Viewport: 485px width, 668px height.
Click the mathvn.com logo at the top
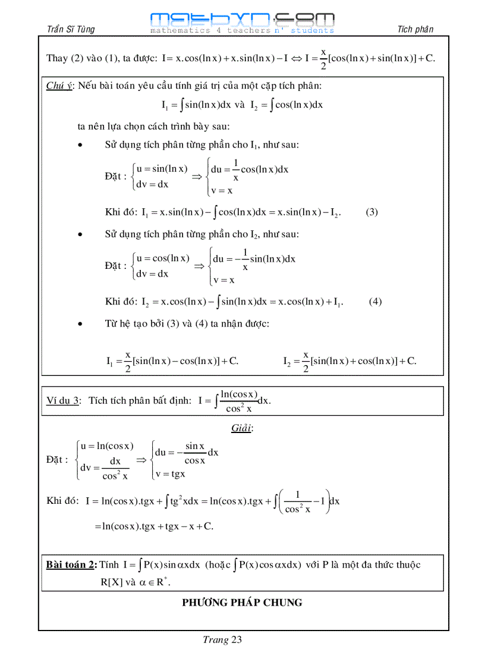[242, 23]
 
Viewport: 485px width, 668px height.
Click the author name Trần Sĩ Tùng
[70, 29]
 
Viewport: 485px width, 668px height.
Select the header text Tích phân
[415, 29]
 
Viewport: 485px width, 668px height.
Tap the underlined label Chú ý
[59, 86]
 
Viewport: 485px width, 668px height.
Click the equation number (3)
[371, 212]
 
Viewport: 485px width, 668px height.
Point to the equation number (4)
[375, 301]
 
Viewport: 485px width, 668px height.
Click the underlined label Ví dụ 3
[63, 400]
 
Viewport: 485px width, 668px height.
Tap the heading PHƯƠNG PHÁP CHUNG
[242, 603]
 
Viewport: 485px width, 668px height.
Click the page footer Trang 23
[222, 640]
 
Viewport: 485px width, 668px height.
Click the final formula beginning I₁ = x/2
[172, 361]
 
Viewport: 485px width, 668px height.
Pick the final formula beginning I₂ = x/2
[349, 361]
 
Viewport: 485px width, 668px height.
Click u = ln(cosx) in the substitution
[107, 446]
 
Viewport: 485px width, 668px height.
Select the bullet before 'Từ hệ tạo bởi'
[80, 324]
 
